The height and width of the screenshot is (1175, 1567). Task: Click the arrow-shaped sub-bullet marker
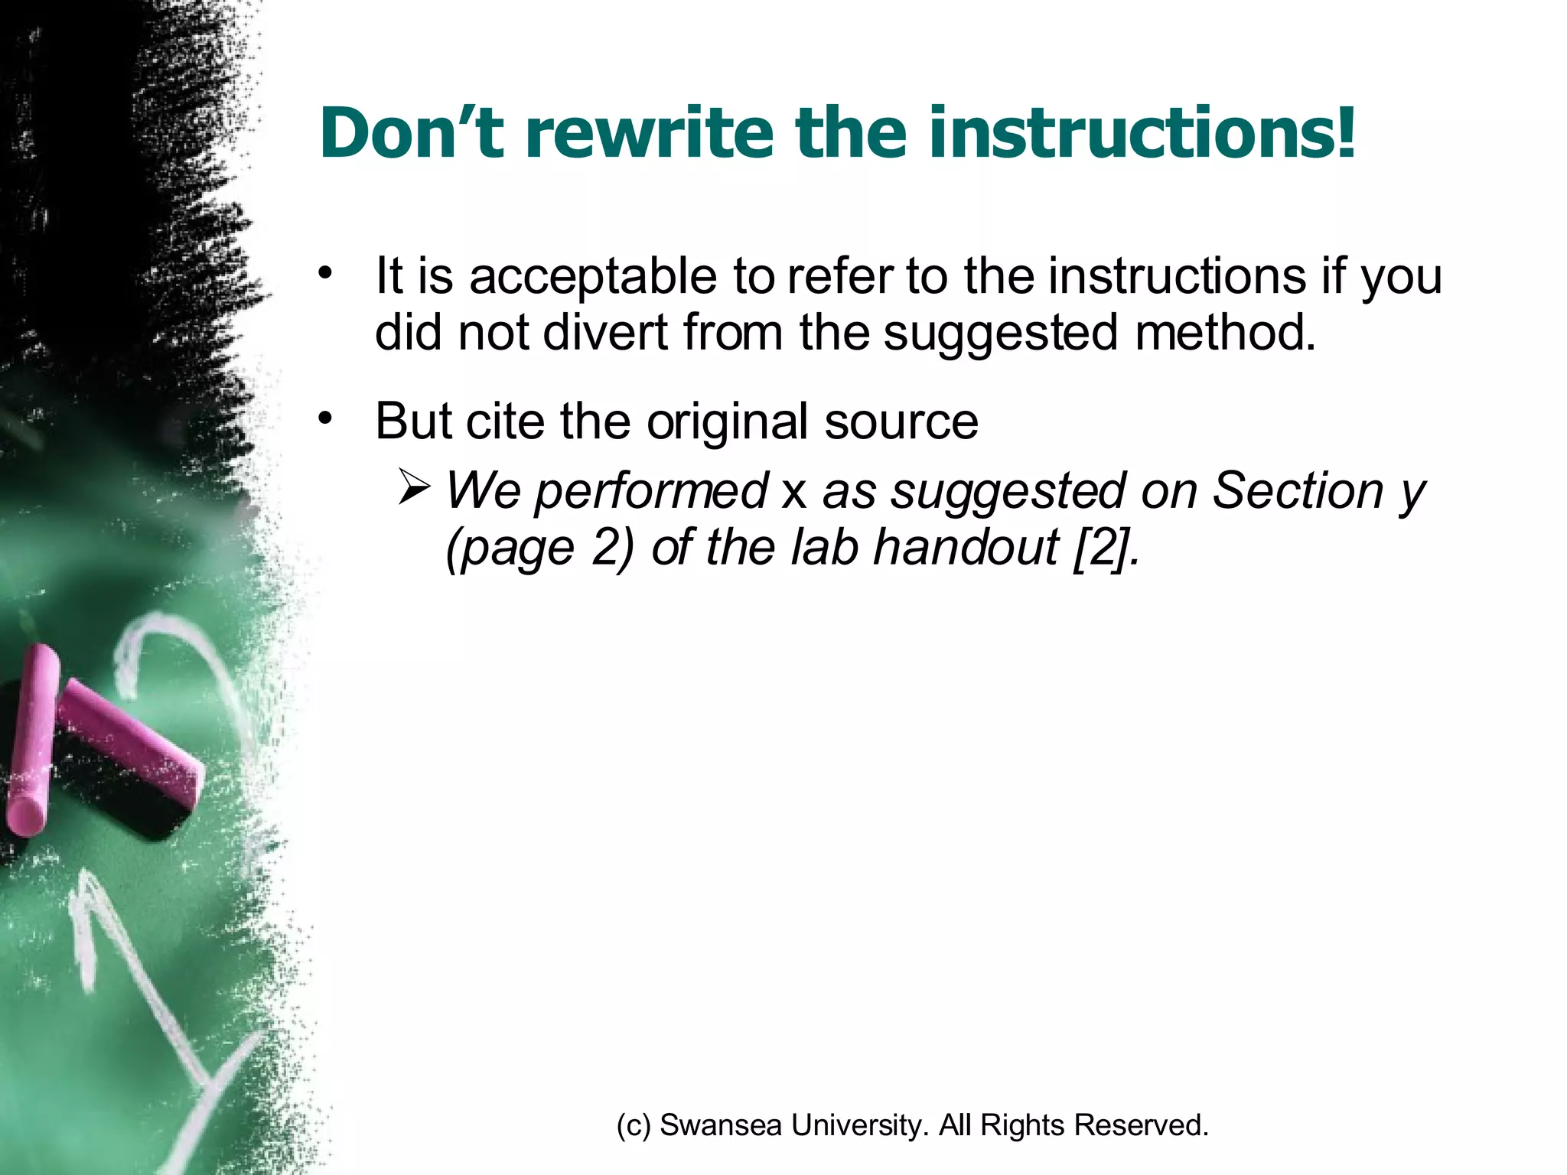click(414, 490)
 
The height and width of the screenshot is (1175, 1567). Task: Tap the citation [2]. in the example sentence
click(1106, 548)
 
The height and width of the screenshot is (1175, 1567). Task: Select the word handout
click(966, 548)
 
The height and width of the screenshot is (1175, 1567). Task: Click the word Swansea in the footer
click(720, 1125)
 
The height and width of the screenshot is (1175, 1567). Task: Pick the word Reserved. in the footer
click(1141, 1125)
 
